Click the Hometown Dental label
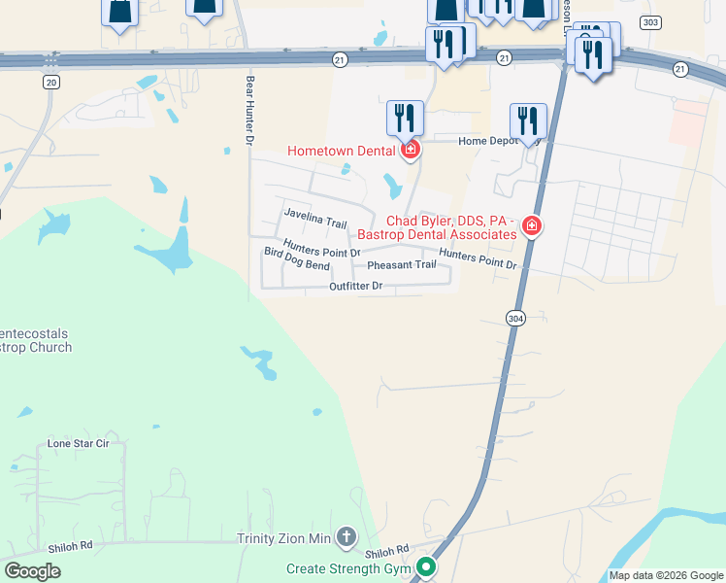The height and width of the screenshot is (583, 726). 341,150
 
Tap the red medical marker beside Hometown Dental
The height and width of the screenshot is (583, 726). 411,150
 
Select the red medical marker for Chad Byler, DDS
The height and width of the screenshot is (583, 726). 531,226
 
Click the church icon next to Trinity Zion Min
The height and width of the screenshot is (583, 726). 346,537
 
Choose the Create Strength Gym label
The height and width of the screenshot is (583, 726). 349,568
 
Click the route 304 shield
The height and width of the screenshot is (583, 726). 515,318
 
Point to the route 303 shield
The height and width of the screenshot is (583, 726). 650,22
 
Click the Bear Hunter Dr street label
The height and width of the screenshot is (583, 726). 249,113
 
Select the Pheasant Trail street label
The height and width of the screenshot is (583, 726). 402,264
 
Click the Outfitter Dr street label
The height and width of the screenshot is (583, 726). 356,286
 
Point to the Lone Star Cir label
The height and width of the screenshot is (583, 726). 79,443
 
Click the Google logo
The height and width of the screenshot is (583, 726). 32,572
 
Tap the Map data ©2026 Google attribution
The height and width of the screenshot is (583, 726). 665,575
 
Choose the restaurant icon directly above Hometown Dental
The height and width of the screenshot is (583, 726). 405,119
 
